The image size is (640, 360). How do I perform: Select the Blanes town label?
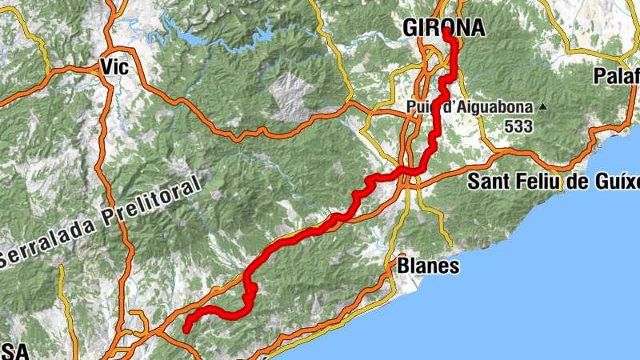pyautogui.click(x=429, y=266)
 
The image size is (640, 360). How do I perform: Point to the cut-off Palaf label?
pyautogui.click(x=617, y=77)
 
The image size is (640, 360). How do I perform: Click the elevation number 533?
pyautogui.click(x=518, y=126)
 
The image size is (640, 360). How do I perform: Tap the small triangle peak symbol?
pyautogui.click(x=544, y=106)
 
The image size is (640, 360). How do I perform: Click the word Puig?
pyautogui.click(x=419, y=107)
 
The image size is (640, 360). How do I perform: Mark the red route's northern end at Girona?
pyautogui.click(x=446, y=37)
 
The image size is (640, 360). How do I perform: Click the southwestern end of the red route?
pyautogui.click(x=186, y=329)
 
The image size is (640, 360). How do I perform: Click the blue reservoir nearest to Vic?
pyautogui.click(x=193, y=38)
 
